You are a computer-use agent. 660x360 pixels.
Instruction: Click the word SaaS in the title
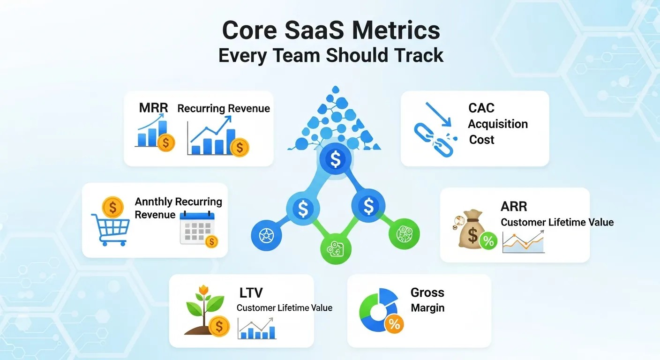(x=315, y=30)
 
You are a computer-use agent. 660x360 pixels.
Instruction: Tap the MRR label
(x=153, y=108)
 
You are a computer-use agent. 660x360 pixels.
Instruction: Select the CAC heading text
(x=481, y=108)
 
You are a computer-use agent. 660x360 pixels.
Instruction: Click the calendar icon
(x=197, y=228)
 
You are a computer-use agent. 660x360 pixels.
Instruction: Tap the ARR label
(x=514, y=206)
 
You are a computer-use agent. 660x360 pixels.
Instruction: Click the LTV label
(x=251, y=293)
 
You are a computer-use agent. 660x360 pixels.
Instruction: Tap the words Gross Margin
(x=427, y=300)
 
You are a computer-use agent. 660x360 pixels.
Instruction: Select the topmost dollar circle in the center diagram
(x=335, y=160)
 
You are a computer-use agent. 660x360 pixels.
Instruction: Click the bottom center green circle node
(x=336, y=249)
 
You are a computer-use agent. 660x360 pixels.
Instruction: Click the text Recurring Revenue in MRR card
(x=224, y=108)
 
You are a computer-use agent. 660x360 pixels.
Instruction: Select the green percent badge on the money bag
(x=488, y=241)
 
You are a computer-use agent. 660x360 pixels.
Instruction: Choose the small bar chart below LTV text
(x=256, y=328)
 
